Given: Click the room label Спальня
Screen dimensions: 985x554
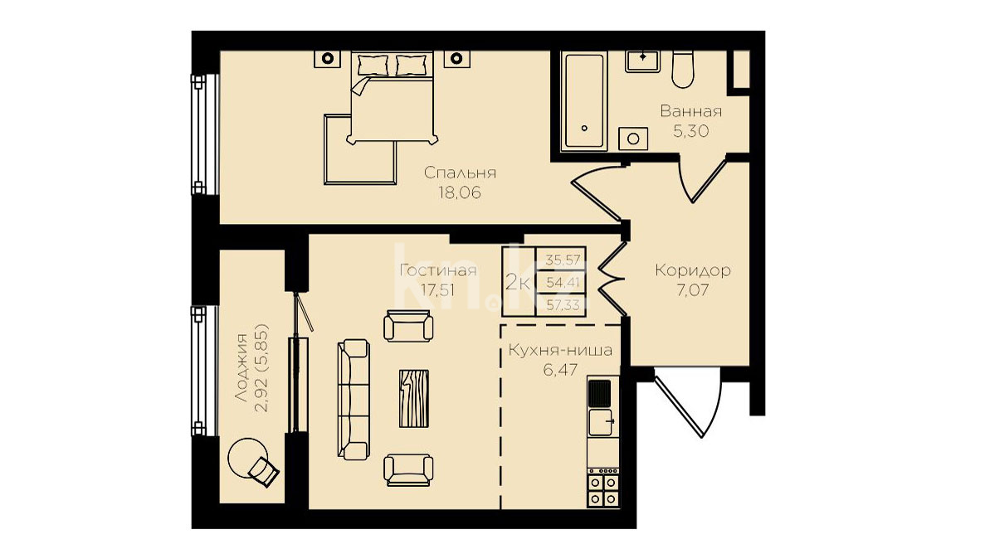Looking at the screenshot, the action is coord(460,173).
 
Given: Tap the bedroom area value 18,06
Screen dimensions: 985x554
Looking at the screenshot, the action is coord(460,193).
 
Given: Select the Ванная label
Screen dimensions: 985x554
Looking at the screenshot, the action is coord(691,112).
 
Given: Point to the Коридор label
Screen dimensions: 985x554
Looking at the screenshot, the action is coord(692,270).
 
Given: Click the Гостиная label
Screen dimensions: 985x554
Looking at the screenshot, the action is coord(438,270).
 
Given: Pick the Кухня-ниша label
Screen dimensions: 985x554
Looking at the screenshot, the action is coord(560,350).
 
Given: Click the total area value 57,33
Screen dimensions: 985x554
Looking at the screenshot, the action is coord(563,305).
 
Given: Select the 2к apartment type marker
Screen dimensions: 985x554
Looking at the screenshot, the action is coord(518,282).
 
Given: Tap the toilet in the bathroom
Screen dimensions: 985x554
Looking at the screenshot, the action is coord(682,69).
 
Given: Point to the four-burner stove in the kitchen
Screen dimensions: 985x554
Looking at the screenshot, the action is coord(603,488).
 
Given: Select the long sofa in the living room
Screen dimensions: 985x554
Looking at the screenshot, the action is coord(354,400).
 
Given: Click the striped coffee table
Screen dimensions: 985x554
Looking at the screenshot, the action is coord(414,398).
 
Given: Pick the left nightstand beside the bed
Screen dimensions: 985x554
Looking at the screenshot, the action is coord(327,58).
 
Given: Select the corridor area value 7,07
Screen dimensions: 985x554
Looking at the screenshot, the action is coord(692,291).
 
